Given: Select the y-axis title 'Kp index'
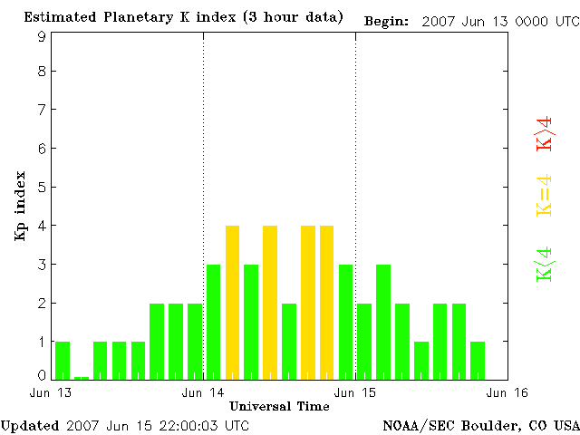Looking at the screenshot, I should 20,206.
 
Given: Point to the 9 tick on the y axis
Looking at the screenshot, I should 42,36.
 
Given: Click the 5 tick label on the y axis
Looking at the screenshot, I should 42,188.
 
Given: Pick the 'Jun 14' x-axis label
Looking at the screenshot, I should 203,392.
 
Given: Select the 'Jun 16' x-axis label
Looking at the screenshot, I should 507,392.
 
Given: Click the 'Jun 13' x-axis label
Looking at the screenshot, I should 51,392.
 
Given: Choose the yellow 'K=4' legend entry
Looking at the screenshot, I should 544,196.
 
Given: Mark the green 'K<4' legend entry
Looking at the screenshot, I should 544,264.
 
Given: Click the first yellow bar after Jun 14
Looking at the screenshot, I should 232,302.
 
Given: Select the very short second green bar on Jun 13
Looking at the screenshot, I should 82,377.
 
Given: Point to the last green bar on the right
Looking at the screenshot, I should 478,360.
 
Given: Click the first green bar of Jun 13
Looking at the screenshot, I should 63,360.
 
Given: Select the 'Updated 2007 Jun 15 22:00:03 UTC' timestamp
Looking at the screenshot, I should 125,425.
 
